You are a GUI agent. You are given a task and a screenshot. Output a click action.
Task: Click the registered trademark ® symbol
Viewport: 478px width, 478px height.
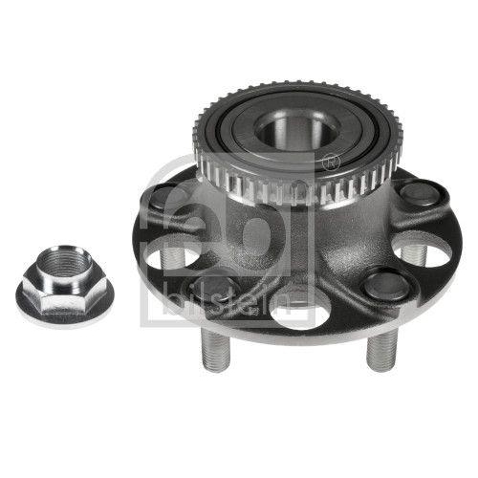coord(331,163)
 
